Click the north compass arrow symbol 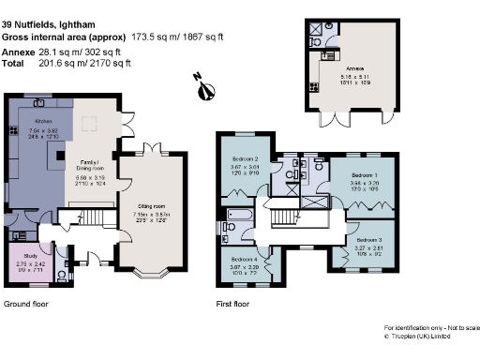[206, 88]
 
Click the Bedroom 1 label [366, 175]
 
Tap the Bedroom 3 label [368, 239]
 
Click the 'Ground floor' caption [25, 304]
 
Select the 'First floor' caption [234, 304]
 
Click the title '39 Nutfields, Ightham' [45, 8]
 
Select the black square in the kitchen [61, 156]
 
